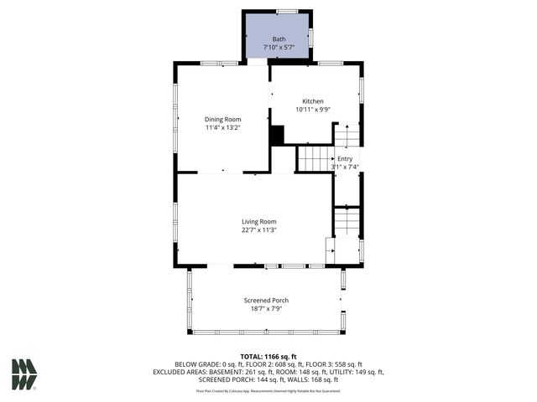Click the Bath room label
point(278,39)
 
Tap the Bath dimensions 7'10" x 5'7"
point(278,47)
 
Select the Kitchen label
point(313,101)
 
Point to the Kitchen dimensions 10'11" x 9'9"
point(313,110)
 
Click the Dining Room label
point(222,119)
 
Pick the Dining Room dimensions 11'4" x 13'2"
point(222,127)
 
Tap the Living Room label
point(259,221)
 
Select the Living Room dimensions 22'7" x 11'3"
point(259,229)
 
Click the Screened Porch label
point(265,300)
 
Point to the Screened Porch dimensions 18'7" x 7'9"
point(265,308)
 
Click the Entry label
point(346,158)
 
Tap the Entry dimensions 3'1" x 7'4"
point(346,167)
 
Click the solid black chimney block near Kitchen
point(277,135)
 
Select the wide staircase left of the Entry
point(315,157)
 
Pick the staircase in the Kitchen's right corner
point(346,135)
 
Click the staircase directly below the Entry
point(346,221)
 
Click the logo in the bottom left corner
point(24,374)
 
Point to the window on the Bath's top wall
point(287,11)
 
